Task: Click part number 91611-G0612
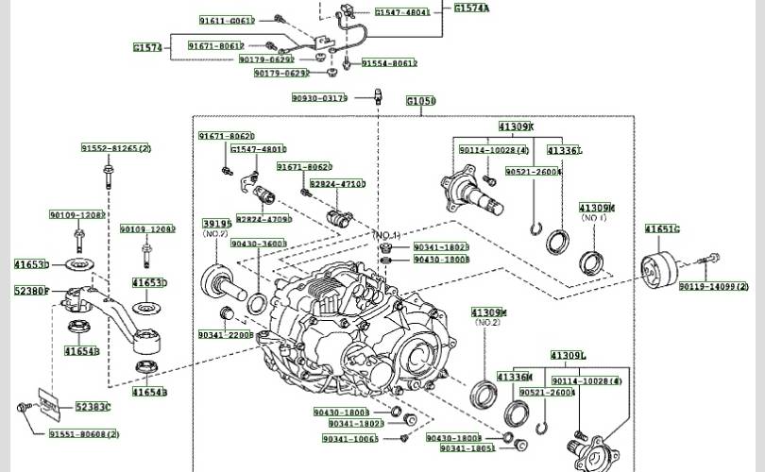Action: pos(227,20)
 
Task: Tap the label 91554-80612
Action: pos(388,63)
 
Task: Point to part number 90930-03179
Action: pos(319,97)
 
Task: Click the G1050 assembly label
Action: pos(420,101)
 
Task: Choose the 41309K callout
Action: pos(517,126)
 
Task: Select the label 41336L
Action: pos(565,150)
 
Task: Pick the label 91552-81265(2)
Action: pos(115,148)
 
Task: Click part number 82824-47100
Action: pos(337,184)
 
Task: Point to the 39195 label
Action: pos(216,224)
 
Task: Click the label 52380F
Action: pos(31,291)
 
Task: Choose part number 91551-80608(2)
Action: pos(84,434)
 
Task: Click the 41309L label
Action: pos(569,356)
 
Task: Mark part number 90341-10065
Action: pos(350,439)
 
